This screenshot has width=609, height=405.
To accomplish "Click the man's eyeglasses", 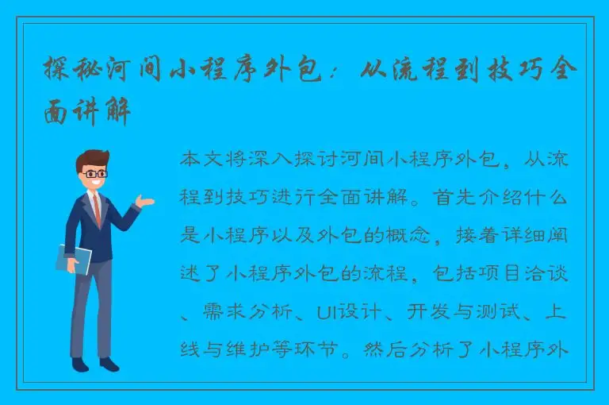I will pos(96,173).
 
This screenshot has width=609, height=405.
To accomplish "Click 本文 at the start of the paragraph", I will pos(200,160).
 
